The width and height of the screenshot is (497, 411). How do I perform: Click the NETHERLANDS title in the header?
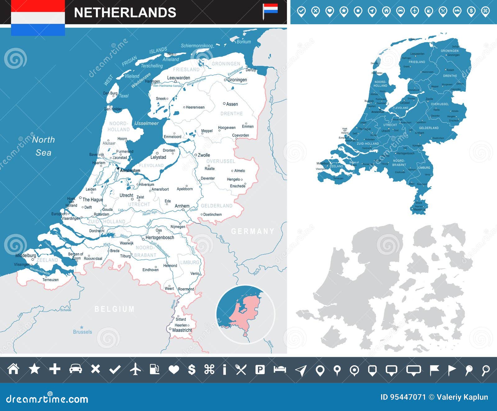click(125, 13)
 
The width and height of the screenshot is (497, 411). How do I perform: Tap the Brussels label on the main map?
click(82, 332)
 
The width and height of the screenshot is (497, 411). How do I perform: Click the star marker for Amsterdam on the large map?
click(118, 169)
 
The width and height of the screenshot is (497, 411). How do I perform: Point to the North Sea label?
click(43, 146)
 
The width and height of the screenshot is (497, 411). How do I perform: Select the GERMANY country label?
click(253, 231)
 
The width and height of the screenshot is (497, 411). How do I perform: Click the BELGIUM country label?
click(114, 309)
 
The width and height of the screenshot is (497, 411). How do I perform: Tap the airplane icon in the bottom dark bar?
click(135, 369)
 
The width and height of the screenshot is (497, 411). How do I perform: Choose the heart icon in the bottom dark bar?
click(174, 369)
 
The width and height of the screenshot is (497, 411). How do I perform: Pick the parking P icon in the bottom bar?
click(260, 369)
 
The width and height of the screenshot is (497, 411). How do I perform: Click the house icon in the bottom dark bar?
click(13, 369)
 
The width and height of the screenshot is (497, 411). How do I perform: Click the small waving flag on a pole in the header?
click(269, 11)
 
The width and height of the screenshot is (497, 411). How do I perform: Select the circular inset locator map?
click(245, 314)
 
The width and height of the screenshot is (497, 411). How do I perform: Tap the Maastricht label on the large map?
click(182, 330)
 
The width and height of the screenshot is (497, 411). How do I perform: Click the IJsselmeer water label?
click(146, 123)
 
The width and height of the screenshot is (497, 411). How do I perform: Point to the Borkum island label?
click(244, 42)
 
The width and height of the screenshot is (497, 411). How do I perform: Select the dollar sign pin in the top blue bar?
click(471, 11)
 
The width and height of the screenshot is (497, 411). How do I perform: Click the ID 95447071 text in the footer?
click(403, 397)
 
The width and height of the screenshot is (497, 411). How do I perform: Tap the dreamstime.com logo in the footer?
click(47, 399)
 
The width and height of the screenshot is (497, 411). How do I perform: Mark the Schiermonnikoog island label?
click(197, 46)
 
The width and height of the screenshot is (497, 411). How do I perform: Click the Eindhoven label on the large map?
click(150, 270)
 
